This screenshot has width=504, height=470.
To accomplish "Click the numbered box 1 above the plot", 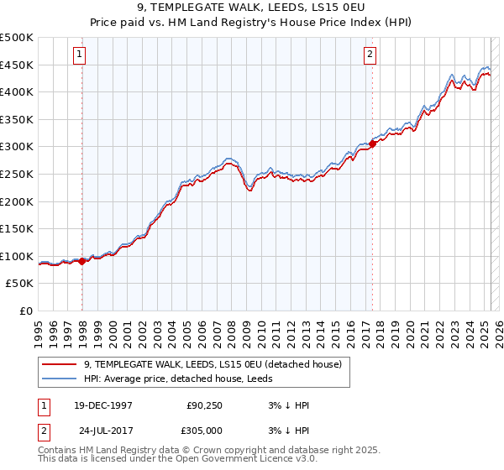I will [x=79, y=55].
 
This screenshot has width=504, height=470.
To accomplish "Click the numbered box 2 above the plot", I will [x=370, y=55].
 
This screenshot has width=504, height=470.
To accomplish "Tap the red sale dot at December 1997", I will [x=82, y=261].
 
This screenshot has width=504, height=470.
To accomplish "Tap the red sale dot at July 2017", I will [x=373, y=144].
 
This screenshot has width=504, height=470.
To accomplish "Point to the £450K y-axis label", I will [x=17, y=65].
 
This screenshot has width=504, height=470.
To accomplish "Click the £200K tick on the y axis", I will [x=17, y=201].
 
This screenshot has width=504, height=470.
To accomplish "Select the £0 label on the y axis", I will [x=27, y=311].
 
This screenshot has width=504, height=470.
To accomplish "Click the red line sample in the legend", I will [x=60, y=364].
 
